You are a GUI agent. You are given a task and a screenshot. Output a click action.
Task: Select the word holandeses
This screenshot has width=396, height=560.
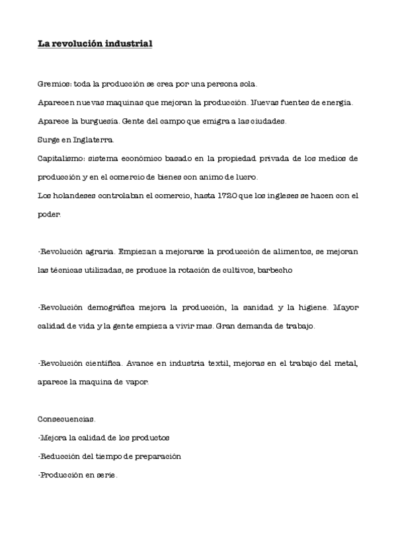tap(72, 196)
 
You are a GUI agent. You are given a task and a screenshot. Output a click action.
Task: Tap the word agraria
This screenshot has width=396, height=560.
tap(99, 252)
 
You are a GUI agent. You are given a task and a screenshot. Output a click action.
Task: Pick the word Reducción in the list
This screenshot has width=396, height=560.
tap(61, 456)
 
